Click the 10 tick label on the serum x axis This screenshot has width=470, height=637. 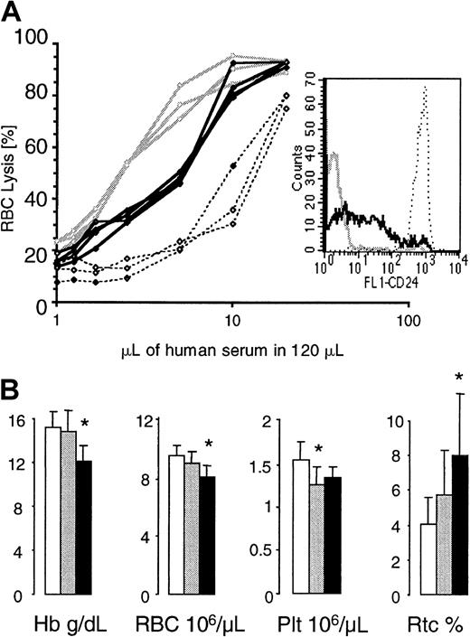[x=232, y=322]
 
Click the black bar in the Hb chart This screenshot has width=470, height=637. [x=84, y=528]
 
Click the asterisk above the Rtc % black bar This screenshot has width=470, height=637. [x=434, y=376]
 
